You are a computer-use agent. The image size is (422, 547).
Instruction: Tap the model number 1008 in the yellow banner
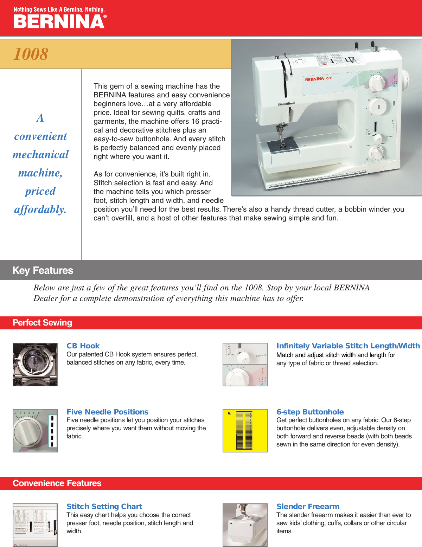(31, 54)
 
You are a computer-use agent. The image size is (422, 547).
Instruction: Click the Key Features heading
(43, 270)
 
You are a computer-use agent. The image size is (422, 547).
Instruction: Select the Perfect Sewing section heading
(43, 323)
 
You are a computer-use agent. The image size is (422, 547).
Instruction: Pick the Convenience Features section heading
(57, 483)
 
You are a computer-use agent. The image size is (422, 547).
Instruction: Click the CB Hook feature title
(83, 346)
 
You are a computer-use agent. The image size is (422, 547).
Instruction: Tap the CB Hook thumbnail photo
(35, 365)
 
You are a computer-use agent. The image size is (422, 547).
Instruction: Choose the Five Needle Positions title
(107, 412)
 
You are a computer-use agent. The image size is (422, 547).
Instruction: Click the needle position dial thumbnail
(35, 431)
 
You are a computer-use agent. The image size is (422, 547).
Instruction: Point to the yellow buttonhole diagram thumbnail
(245, 431)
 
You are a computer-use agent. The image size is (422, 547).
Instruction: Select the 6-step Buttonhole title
(310, 412)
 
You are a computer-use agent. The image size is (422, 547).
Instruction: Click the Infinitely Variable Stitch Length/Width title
(348, 346)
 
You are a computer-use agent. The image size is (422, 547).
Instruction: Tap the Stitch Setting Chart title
(104, 507)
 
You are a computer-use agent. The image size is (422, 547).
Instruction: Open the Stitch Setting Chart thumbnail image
(35, 525)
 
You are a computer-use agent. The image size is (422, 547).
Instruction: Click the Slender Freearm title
(308, 507)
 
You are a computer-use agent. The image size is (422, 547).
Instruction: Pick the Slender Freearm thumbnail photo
(245, 525)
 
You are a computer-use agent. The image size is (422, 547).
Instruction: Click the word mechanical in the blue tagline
(41, 155)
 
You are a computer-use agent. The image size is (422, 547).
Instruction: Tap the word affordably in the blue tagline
(40, 210)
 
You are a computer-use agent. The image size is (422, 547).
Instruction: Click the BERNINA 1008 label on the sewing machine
(318, 79)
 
